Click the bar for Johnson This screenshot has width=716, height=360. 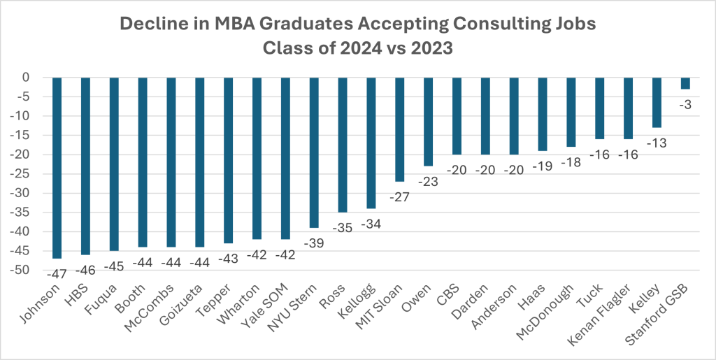(57, 168)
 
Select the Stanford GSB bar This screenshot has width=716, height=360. (685, 83)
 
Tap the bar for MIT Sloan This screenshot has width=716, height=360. (399, 129)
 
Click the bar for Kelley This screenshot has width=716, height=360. (657, 102)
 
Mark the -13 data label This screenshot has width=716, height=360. (657, 142)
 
